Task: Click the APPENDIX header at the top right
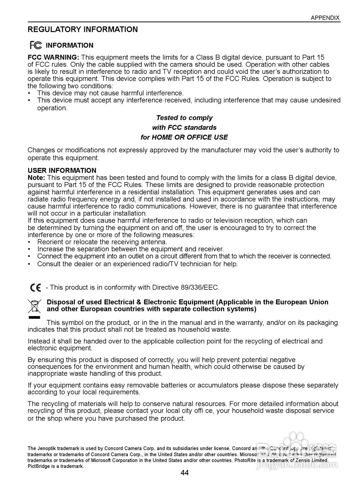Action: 325,18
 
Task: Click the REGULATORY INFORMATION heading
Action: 83,30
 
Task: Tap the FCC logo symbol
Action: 36,45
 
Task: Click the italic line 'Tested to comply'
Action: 184,118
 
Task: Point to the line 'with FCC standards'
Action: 184,128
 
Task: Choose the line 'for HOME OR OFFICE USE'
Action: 184,137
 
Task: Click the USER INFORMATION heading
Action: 62,171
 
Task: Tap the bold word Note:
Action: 36,177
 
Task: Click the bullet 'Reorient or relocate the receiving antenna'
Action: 102,242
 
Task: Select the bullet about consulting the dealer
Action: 137,264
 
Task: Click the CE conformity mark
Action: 36,288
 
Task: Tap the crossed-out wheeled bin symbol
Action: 34,306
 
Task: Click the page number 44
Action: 185,472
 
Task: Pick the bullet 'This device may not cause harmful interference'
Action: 110,93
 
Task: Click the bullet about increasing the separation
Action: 130,249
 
